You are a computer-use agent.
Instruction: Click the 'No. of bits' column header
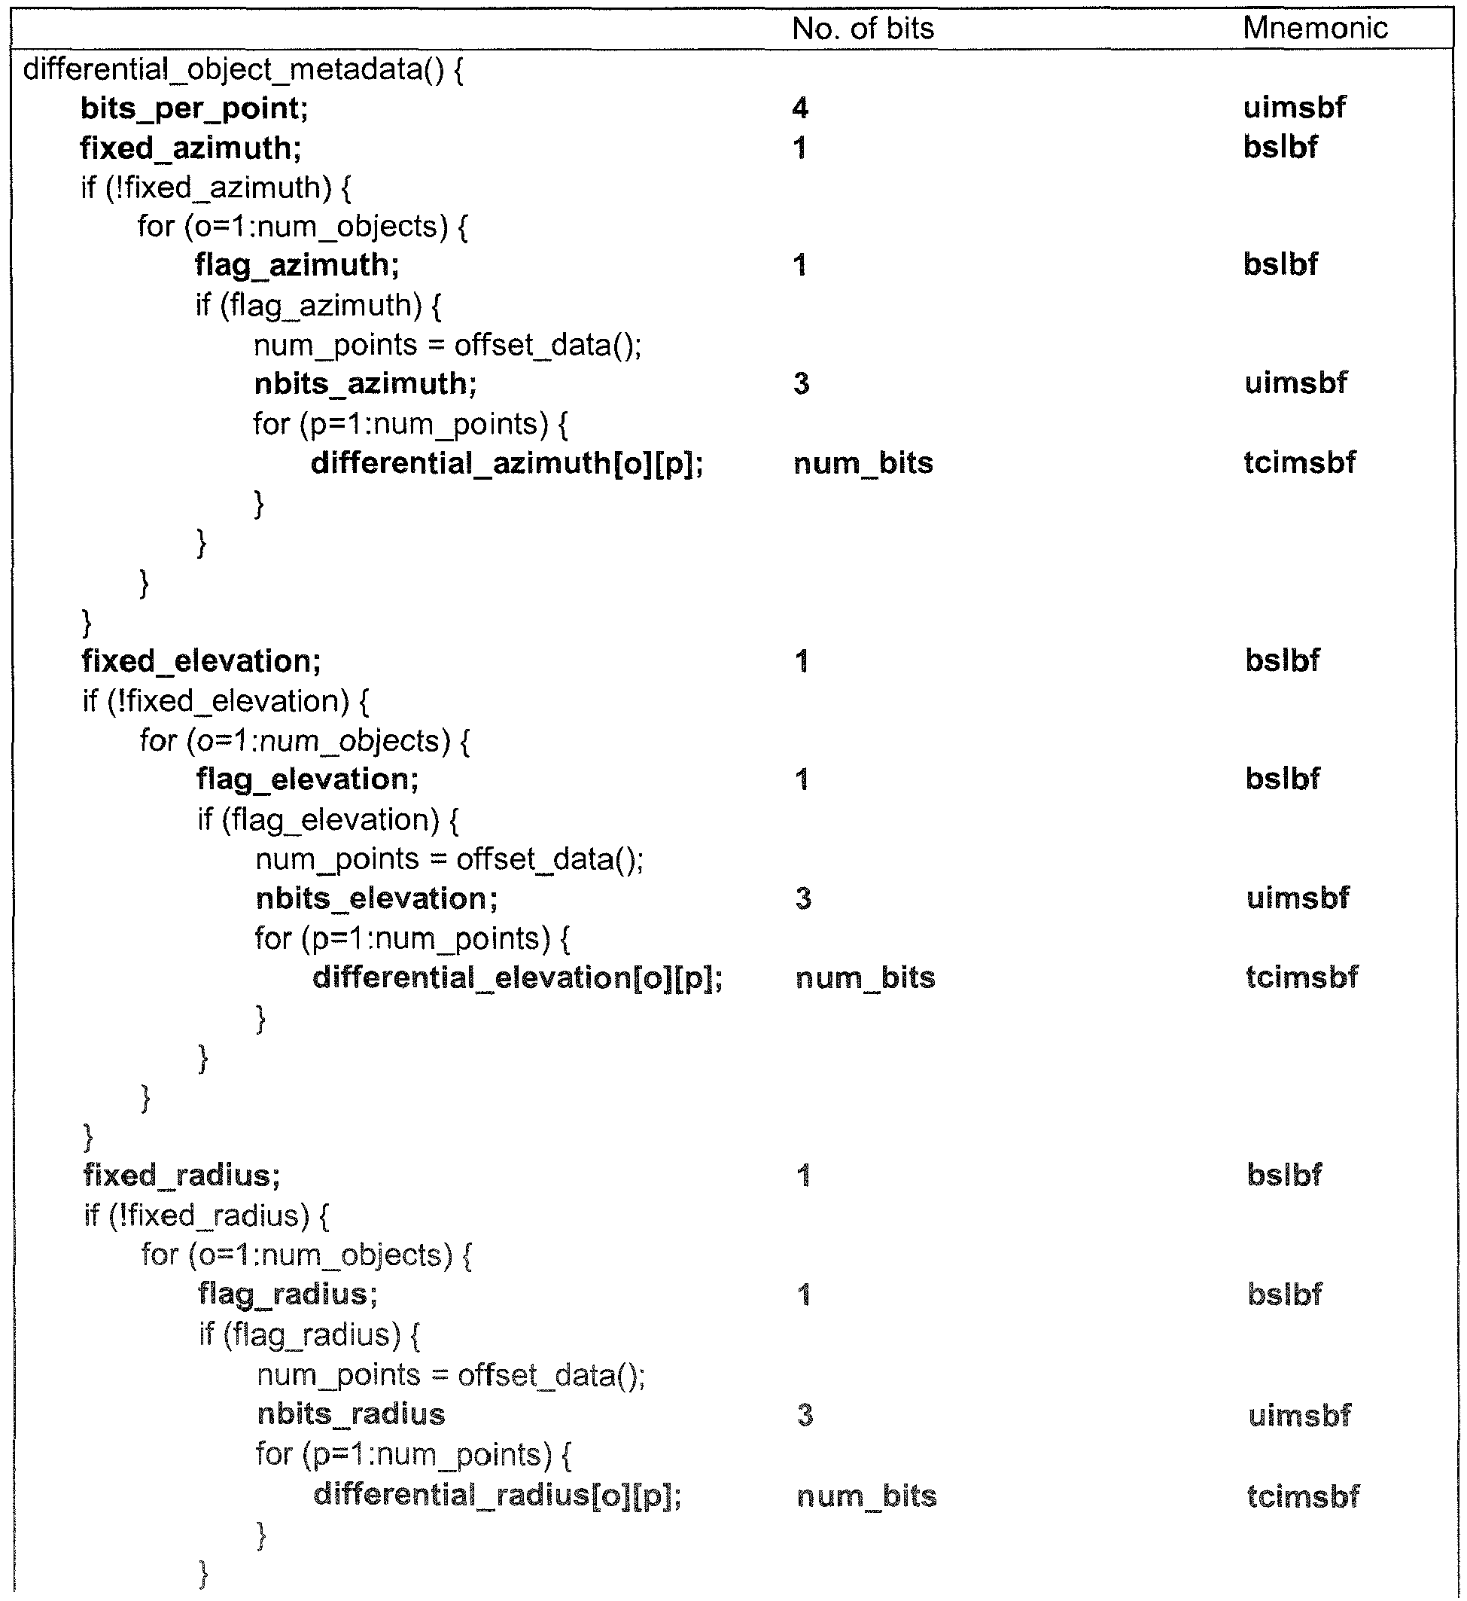(863, 29)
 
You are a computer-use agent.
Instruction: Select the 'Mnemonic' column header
(1316, 28)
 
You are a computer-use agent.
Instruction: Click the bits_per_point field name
(193, 108)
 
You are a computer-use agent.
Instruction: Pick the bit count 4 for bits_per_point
(800, 107)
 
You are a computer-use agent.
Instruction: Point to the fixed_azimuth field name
(190, 148)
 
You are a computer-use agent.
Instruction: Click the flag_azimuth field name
(297, 265)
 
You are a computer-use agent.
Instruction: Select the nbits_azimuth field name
(365, 383)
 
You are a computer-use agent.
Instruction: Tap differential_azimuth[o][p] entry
(507, 463)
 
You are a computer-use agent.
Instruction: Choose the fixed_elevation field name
(201, 660)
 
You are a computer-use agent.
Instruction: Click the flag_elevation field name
(307, 780)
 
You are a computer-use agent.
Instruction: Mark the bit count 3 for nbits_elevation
(803, 898)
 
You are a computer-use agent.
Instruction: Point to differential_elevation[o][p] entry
(518, 977)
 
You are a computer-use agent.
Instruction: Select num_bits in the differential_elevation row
(866, 977)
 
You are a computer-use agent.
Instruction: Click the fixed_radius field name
(182, 1176)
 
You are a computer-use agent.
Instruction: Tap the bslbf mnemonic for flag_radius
(1284, 1294)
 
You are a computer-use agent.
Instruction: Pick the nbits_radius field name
(351, 1413)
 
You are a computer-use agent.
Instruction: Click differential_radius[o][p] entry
(498, 1495)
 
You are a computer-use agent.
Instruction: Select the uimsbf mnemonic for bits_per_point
(1294, 107)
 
